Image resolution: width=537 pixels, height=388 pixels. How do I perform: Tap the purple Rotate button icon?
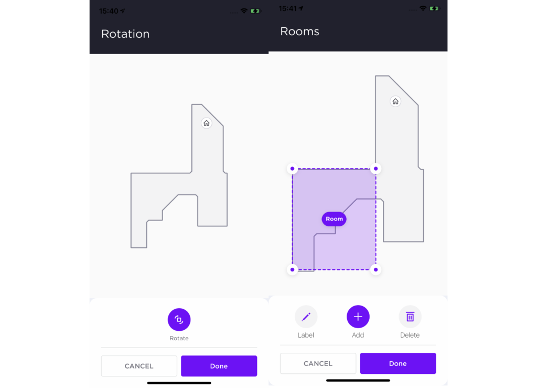click(179, 319)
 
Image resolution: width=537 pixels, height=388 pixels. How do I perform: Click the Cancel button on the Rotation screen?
click(139, 366)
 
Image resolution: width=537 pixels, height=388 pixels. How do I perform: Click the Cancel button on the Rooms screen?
click(318, 363)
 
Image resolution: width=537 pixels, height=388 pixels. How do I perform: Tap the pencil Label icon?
click(306, 317)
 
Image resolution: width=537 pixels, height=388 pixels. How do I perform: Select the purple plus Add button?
click(358, 317)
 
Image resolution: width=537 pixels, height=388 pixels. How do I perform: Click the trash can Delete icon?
click(410, 317)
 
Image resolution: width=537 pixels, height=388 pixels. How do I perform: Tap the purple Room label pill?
click(334, 219)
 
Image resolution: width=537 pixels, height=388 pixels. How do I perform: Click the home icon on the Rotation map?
click(207, 123)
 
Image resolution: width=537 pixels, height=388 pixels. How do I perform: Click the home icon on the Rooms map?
click(395, 101)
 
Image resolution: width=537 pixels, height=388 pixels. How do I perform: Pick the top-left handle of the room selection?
click(292, 169)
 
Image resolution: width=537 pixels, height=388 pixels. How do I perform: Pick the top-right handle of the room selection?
click(375, 169)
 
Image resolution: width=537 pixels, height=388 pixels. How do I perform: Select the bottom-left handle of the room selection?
click(292, 270)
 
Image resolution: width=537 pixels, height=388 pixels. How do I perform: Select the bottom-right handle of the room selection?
click(375, 270)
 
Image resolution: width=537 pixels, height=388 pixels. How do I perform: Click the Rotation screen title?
click(125, 34)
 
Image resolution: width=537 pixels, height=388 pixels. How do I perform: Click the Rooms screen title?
click(299, 32)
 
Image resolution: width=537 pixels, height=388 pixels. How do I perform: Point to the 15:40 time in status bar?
click(109, 11)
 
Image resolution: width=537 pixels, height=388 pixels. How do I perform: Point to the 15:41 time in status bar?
click(288, 8)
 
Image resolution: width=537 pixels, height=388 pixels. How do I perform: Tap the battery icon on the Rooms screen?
click(434, 8)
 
